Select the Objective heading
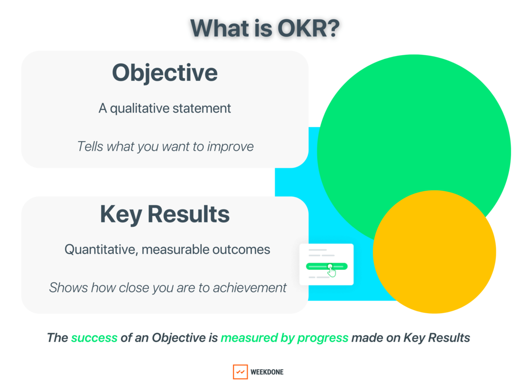coord(165,73)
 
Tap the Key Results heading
coord(165,214)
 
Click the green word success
coord(94,338)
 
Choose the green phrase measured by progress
coord(284,338)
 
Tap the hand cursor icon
coord(332,272)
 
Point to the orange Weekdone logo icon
coord(240,372)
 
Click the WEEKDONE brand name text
coord(267,372)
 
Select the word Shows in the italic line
coord(64,287)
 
